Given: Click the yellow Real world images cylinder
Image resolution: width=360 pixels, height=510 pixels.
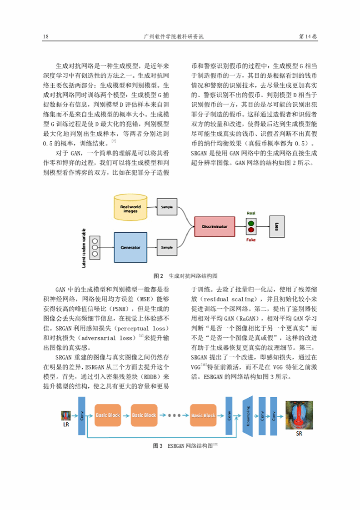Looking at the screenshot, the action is click(x=130, y=207).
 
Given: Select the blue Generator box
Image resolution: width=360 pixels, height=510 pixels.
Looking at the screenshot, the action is click(x=130, y=248).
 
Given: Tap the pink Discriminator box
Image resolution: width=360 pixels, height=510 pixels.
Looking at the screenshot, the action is click(x=215, y=226).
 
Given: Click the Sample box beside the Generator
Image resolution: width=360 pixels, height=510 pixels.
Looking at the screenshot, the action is click(x=167, y=248).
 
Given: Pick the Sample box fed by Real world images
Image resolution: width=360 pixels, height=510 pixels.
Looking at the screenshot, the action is click(x=167, y=207).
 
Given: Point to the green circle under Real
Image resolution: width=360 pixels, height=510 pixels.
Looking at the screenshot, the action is click(x=251, y=224).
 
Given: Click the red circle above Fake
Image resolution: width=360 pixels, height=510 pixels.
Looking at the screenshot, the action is click(x=251, y=230).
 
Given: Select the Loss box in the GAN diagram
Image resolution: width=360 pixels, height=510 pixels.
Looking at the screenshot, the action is click(x=277, y=226).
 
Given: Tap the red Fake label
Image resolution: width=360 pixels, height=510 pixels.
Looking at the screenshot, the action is click(x=251, y=240).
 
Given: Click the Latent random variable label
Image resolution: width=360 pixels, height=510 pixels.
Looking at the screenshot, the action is click(x=84, y=248).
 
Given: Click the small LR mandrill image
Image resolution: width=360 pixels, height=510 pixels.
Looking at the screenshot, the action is click(x=66, y=415).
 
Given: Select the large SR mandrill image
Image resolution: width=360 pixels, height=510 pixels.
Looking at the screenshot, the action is click(x=299, y=415).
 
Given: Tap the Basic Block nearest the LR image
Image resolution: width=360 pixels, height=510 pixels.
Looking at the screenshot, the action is click(x=108, y=415).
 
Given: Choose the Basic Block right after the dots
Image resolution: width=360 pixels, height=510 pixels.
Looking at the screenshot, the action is click(x=203, y=415).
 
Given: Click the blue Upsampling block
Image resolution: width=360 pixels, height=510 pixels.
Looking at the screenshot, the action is click(x=248, y=416).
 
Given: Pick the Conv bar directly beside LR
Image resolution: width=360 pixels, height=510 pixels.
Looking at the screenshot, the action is click(x=82, y=415).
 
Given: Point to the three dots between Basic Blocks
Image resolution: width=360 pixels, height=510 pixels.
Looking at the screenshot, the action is click(x=174, y=415).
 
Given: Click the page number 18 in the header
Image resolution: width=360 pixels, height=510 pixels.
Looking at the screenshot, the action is click(x=45, y=36).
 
